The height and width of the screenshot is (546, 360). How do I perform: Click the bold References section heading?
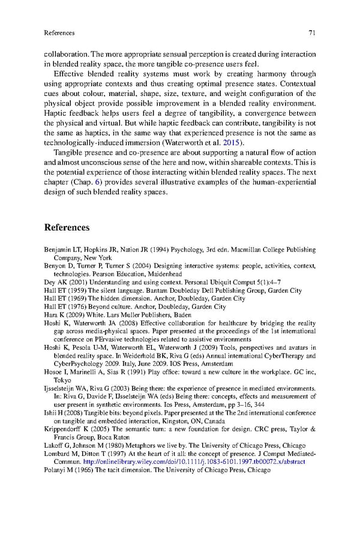[x=67, y=227]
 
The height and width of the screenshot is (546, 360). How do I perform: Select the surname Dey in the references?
[x=50, y=281]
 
